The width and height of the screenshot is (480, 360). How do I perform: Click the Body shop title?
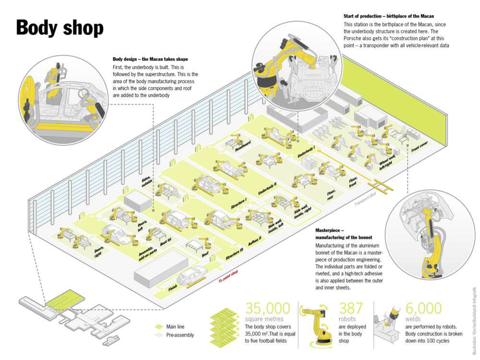click(x=60, y=28)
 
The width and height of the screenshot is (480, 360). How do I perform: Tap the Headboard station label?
click(x=243, y=144)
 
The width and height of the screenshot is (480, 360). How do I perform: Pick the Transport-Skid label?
click(x=365, y=202)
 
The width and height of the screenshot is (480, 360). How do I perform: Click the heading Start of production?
click(x=389, y=16)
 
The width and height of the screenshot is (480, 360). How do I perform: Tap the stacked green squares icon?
click(x=225, y=326)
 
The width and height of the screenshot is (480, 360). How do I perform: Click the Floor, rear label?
click(x=331, y=197)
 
